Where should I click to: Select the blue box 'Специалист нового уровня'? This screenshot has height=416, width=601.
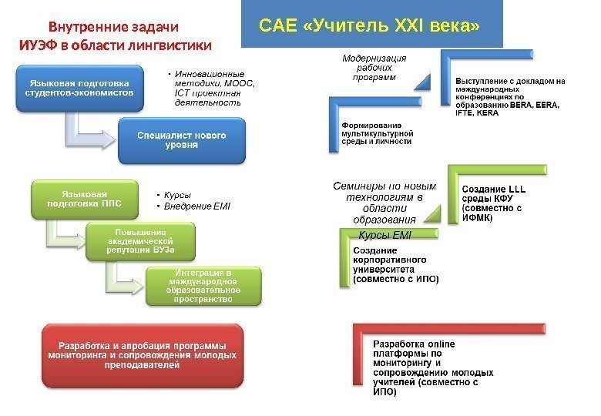coord(182,140)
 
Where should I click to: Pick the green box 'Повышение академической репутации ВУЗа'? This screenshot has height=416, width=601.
coord(140,241)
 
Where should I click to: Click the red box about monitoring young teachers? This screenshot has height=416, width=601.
coord(141,355)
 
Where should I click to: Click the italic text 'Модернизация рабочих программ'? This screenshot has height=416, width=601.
coord(374,68)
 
